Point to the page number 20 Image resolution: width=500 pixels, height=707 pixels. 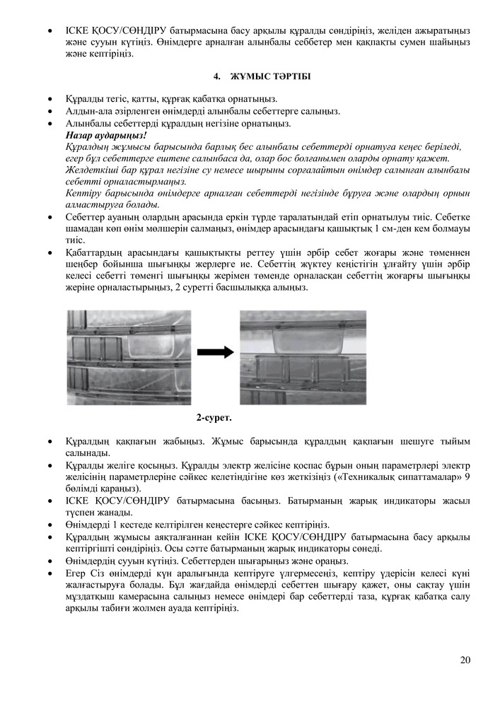465,660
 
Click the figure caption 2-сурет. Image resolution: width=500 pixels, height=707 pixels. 214,418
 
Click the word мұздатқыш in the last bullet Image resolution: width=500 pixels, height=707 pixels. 86,595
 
